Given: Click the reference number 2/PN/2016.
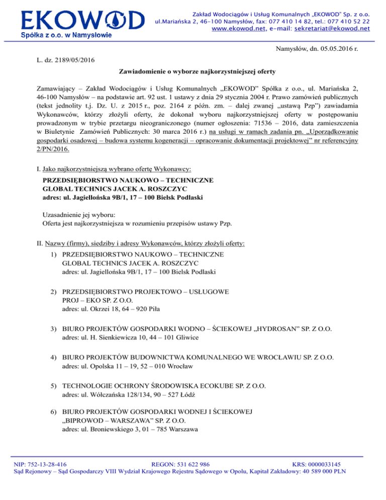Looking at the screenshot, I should coord(51,148).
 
